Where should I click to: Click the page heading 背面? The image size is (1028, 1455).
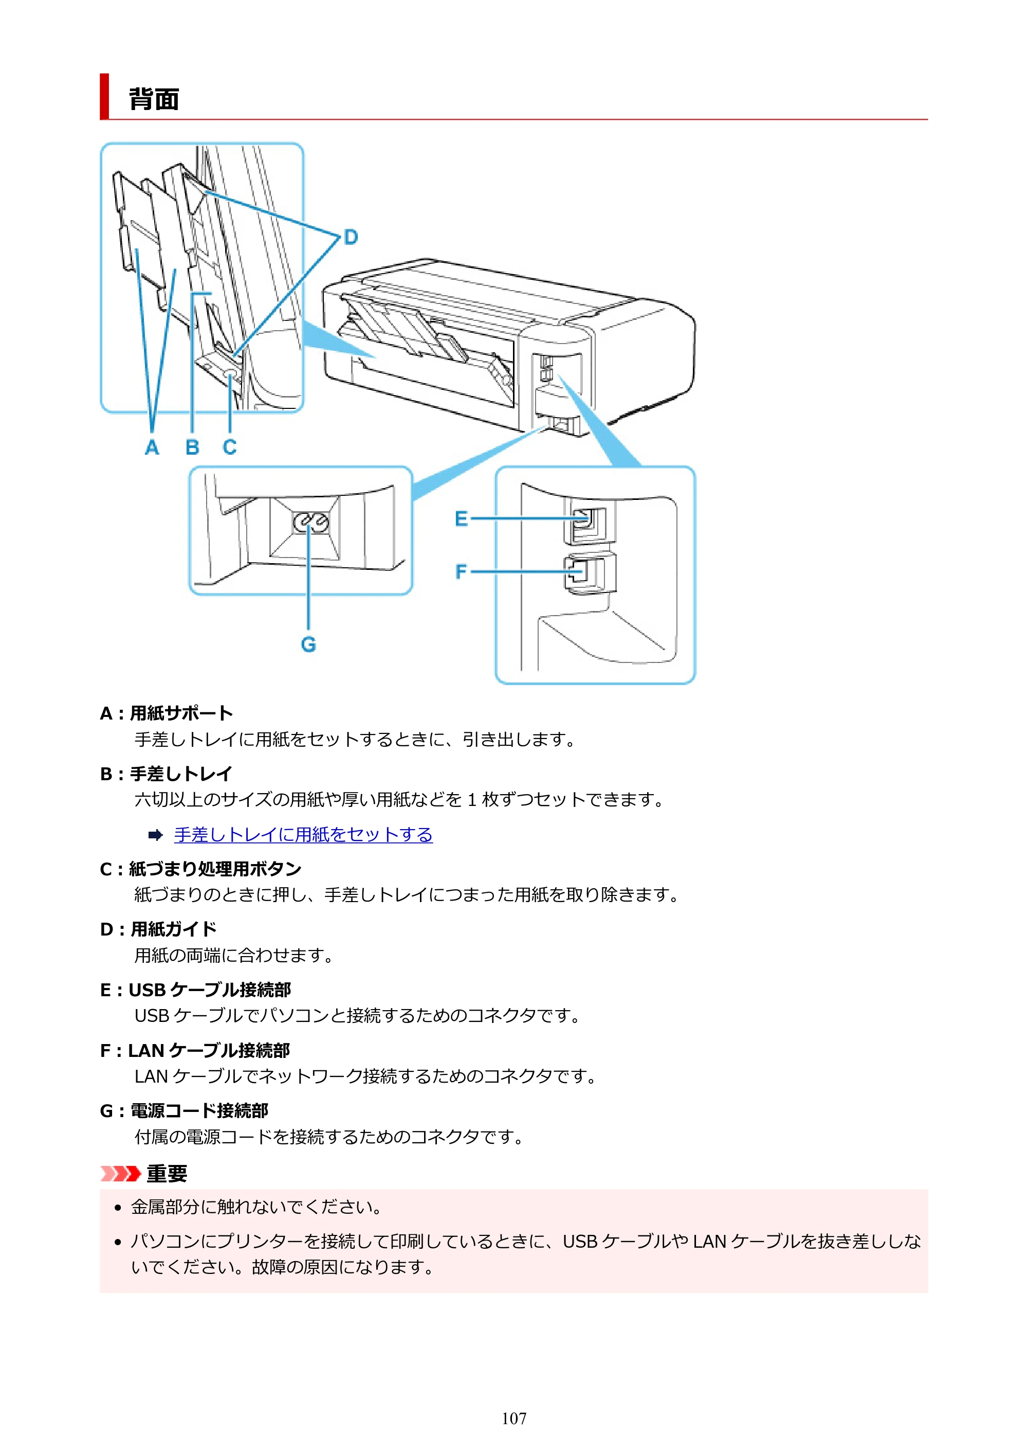(154, 99)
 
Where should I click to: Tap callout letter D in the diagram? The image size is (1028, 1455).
(351, 237)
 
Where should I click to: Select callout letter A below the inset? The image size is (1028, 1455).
(152, 447)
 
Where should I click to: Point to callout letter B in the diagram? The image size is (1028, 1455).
(193, 447)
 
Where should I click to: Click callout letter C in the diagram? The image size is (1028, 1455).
(230, 447)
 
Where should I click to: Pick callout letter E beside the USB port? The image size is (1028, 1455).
(461, 519)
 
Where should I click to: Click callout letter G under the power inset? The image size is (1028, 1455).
(308, 644)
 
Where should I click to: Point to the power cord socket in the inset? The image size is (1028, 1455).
(310, 524)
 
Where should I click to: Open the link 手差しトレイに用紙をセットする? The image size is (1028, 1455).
(303, 835)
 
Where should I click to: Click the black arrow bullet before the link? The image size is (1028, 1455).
(155, 835)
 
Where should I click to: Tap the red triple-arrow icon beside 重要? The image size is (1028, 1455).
(120, 1174)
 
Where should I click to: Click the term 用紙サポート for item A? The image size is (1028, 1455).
(182, 713)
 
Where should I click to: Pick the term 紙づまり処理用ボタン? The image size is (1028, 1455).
(215, 868)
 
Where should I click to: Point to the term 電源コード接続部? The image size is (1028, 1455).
(199, 1110)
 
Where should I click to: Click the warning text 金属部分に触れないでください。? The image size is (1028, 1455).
(256, 1207)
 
